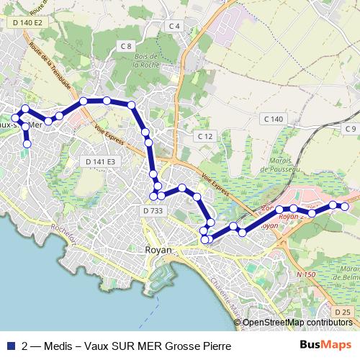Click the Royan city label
click(x=158, y=250)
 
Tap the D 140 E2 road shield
click(x=28, y=24)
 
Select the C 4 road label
click(x=174, y=26)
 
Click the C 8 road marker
click(x=126, y=47)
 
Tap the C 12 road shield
click(x=206, y=136)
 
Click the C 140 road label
click(x=273, y=118)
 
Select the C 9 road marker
click(x=350, y=128)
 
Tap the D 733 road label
click(x=153, y=210)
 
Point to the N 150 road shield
click(x=307, y=274)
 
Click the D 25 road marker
click(x=342, y=311)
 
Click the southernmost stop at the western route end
click(x=27, y=144)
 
